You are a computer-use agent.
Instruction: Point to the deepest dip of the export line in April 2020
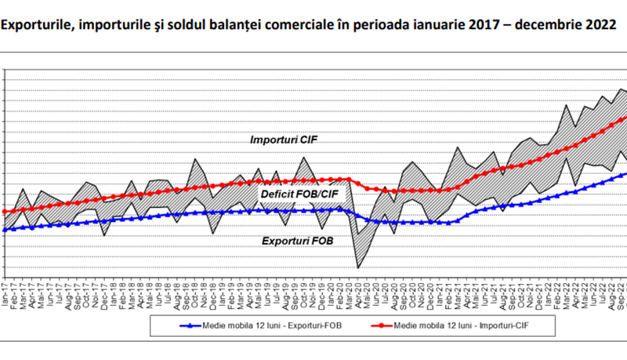359,267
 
